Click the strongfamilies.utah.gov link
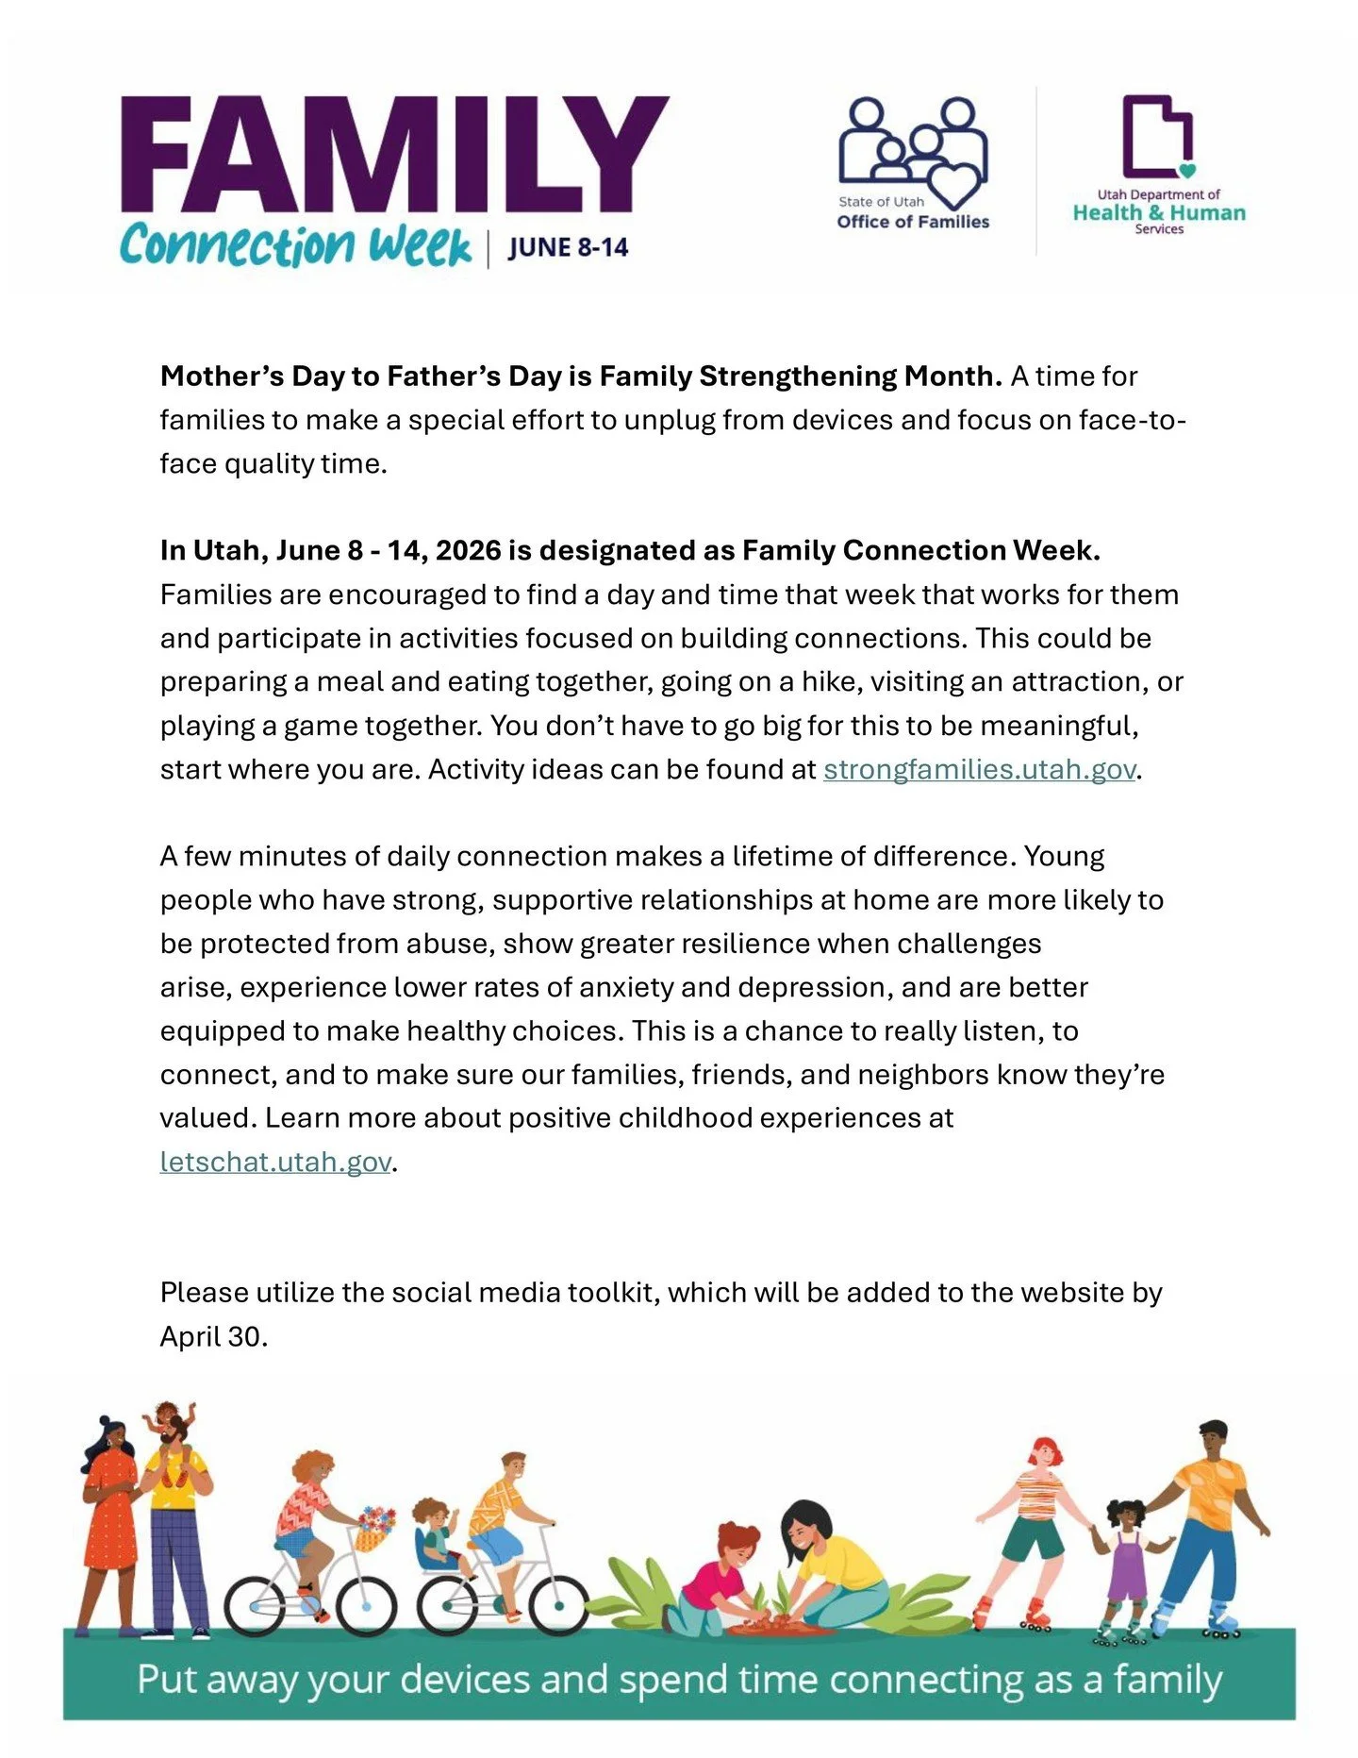coord(978,770)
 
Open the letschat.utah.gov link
coord(274,1162)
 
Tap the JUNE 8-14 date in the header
coord(568,248)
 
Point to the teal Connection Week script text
coord(295,246)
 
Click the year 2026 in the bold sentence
coord(469,551)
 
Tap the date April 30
coord(213,1337)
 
